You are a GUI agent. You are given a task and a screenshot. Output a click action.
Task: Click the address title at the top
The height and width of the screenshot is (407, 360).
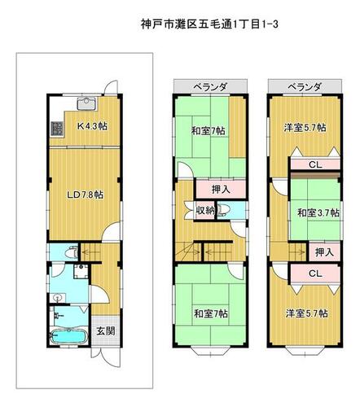[209, 24]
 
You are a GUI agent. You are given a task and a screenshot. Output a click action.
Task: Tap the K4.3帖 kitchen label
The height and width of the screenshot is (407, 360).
[92, 126]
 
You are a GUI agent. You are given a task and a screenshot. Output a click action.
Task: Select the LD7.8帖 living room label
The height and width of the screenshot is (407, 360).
[86, 195]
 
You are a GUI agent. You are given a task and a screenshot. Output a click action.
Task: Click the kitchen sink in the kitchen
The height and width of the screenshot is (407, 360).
[86, 103]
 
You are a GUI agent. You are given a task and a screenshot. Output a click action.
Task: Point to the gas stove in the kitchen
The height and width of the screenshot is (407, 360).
[57, 129]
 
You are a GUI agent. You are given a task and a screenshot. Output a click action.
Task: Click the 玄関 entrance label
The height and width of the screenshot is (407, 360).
[106, 330]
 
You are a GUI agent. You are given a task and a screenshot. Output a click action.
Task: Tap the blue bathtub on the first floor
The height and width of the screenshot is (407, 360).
[69, 337]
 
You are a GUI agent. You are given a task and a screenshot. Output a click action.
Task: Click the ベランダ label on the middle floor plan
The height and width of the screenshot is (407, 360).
[210, 87]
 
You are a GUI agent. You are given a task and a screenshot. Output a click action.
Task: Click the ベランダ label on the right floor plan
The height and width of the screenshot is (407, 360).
[305, 87]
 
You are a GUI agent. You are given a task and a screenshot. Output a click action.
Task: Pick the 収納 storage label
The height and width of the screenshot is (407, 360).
[205, 210]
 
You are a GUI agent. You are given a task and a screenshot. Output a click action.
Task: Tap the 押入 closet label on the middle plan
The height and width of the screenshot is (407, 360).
[221, 190]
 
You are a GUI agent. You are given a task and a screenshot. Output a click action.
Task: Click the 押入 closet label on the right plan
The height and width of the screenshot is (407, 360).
[324, 252]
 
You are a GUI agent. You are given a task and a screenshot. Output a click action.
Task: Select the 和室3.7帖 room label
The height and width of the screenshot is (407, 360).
[318, 212]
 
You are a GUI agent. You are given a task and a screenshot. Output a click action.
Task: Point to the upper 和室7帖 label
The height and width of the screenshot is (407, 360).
[208, 131]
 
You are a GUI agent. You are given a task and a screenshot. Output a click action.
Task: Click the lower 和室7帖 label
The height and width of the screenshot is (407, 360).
[211, 313]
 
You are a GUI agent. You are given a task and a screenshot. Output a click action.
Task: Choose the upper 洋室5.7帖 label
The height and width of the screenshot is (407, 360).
[305, 127]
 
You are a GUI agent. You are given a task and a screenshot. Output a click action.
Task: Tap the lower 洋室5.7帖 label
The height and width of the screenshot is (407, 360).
[306, 313]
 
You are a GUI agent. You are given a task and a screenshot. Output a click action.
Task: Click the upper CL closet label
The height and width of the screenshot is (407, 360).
[315, 164]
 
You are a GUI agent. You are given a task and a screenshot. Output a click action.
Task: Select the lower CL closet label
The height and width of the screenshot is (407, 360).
[315, 274]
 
